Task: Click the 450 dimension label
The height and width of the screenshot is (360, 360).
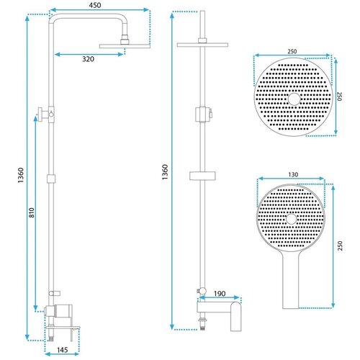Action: [95, 5]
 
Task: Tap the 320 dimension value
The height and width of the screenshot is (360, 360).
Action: [88, 59]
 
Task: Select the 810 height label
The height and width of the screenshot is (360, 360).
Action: [32, 212]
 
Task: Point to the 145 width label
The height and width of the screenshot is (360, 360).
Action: [62, 350]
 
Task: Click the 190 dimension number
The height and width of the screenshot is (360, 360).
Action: [220, 294]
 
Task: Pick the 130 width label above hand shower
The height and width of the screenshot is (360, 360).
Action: [293, 174]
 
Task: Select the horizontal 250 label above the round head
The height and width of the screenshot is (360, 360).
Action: [292, 51]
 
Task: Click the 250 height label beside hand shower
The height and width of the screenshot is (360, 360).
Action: [340, 246]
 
